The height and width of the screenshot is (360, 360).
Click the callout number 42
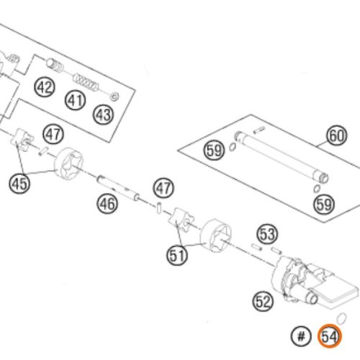45,87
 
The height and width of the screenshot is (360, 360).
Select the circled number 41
76,100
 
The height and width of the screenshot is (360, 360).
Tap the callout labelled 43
104,114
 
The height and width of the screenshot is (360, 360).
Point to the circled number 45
19,184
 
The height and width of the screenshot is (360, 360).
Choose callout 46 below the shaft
107,204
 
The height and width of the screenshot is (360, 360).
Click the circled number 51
177,255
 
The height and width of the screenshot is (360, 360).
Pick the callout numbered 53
267,234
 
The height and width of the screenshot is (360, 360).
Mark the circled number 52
264,301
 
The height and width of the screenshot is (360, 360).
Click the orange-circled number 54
330,336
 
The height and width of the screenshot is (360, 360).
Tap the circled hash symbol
301,336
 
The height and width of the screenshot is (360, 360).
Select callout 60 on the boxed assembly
336,135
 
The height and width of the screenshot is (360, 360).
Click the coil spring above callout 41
86,82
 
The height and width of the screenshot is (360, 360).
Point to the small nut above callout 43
114,96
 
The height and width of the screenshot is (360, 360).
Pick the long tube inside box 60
282,157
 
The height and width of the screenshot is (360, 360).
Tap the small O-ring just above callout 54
341,318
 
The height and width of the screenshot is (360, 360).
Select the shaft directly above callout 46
118,188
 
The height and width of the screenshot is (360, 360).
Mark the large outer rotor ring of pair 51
215,235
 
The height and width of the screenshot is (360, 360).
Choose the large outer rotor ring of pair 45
68,163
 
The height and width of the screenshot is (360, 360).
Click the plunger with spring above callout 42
55,65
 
